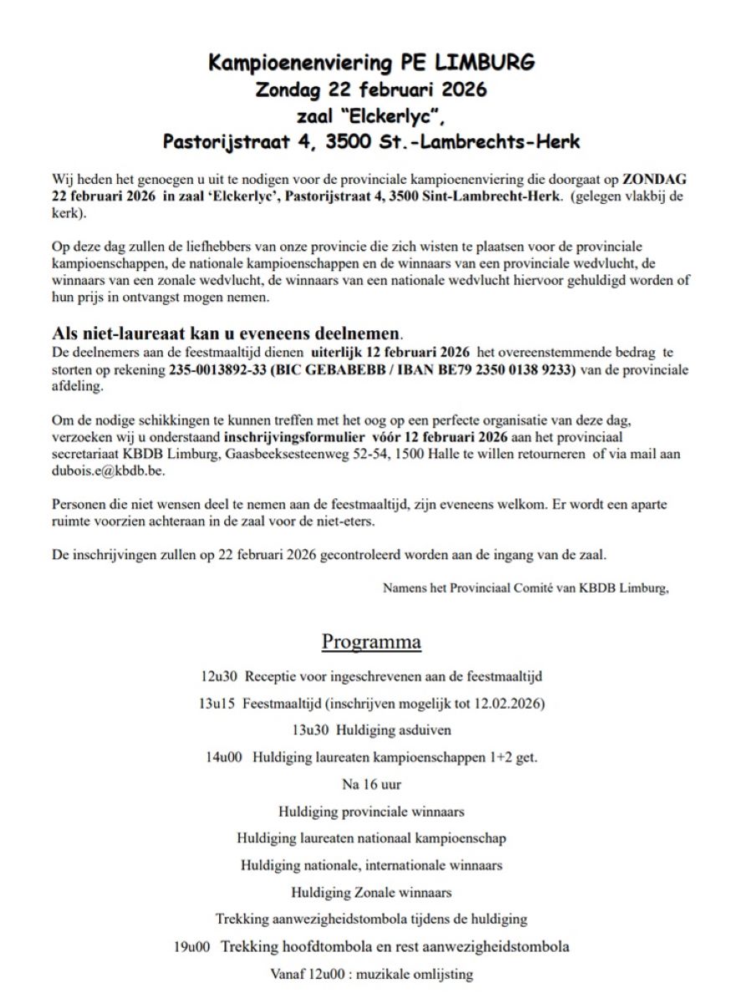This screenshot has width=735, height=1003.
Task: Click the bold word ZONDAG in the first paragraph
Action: tap(653, 180)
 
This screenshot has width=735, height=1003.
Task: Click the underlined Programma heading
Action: tap(371, 642)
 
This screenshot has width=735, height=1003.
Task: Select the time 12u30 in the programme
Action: tap(219, 676)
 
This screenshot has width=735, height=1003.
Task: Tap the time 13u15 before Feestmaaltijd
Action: tap(217, 703)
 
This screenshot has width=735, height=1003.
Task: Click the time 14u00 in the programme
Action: tap(224, 757)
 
